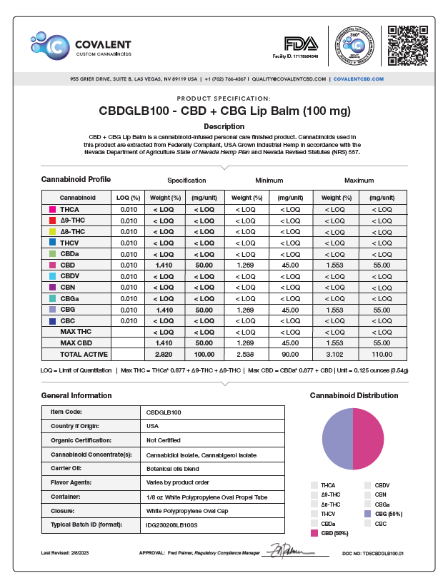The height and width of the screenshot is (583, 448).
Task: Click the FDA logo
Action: point(300,44)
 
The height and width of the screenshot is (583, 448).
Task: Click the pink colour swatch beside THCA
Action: point(52,210)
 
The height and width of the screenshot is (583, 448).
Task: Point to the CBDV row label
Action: point(70,275)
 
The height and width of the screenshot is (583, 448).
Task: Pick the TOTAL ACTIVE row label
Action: point(84,354)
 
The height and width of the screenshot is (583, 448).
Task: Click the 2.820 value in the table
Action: point(164,354)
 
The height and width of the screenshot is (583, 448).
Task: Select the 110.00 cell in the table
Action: point(382,354)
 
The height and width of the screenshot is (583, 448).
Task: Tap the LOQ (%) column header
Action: point(128,196)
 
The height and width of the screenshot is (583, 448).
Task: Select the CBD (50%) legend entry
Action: point(334,532)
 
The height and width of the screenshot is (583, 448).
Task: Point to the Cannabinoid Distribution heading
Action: point(354,395)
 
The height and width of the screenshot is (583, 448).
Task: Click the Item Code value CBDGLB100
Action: point(164,412)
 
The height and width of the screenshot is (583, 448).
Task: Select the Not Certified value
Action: point(164,440)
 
